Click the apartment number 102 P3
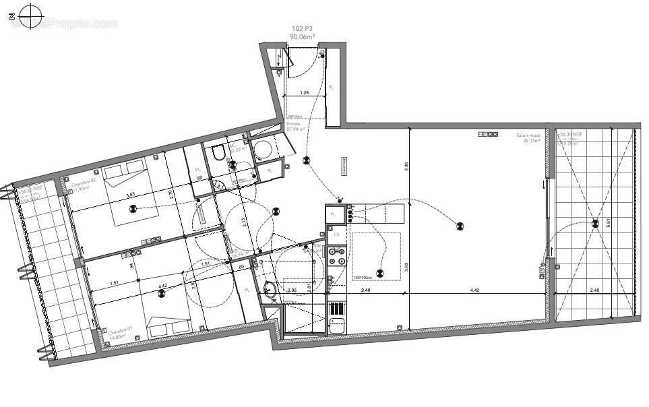click(x=303, y=28)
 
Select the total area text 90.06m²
click(x=303, y=37)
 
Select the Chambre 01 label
click(x=118, y=333)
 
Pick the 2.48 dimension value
click(x=594, y=290)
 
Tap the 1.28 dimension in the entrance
click(x=305, y=93)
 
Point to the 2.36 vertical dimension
click(x=406, y=165)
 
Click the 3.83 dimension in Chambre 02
click(x=130, y=196)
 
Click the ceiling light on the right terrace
click(x=594, y=223)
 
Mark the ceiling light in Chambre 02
click(x=133, y=208)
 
